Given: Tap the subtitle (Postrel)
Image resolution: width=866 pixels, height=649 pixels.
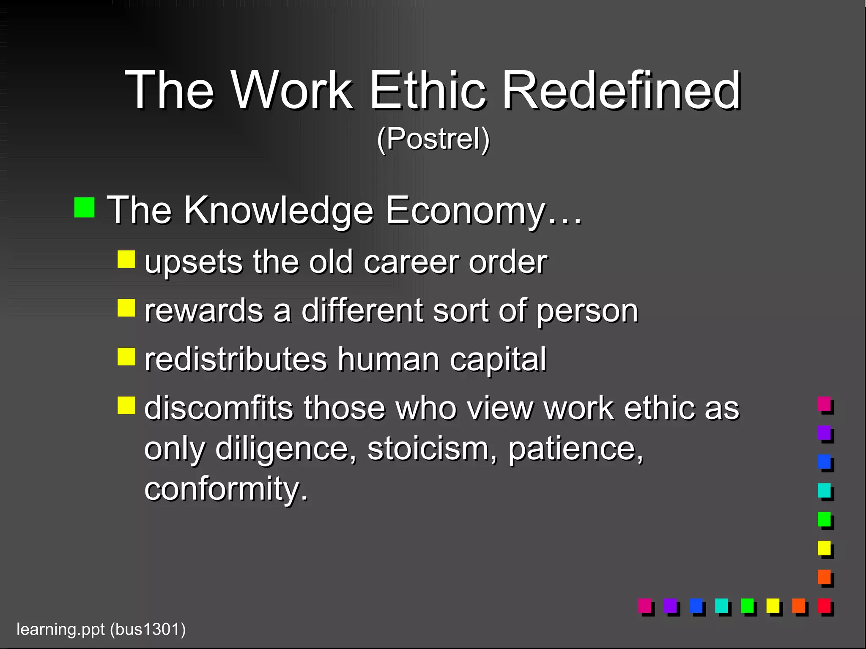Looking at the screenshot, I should (x=433, y=139).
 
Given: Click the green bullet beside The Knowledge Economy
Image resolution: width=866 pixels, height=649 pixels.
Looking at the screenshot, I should (x=84, y=207).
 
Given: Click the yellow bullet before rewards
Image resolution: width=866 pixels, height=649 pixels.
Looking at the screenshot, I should (x=126, y=308).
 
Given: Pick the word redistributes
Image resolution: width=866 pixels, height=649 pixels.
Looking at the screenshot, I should (x=236, y=360).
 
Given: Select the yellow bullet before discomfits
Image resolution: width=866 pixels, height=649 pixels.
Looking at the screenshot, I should (x=126, y=405).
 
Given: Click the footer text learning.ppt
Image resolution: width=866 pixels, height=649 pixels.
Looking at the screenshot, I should (x=60, y=629).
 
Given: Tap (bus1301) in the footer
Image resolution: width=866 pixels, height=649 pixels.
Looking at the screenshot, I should (x=148, y=629).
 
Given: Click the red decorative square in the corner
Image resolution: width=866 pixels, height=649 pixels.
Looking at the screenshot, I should (x=824, y=605).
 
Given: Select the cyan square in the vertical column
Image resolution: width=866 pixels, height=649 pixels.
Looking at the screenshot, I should (x=824, y=490).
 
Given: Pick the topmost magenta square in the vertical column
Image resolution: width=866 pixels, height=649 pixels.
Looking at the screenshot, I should (x=824, y=404).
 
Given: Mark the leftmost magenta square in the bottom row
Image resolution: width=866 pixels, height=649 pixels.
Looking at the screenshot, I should (x=644, y=605).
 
